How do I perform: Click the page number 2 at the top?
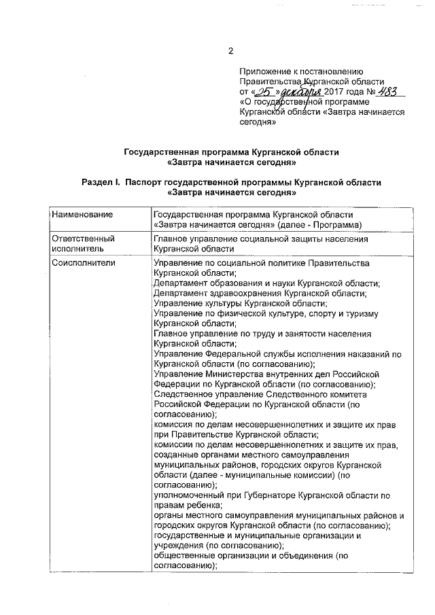[230, 52]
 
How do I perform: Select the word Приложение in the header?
[265, 71]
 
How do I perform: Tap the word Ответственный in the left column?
[83, 239]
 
